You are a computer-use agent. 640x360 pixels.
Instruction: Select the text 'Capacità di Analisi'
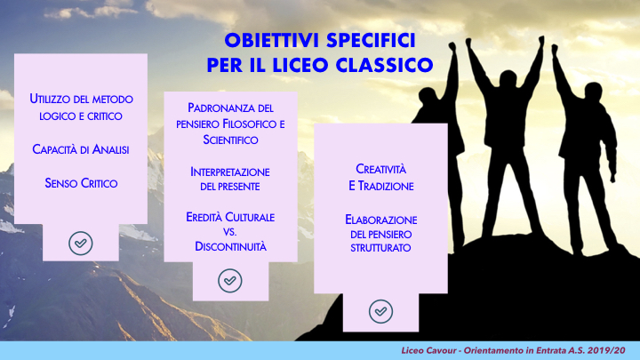coord(82,149)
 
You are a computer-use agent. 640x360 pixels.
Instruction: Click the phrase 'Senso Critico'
coord(82,183)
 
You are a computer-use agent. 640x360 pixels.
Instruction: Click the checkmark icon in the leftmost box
coord(81,242)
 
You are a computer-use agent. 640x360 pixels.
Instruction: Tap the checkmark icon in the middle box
coord(229,280)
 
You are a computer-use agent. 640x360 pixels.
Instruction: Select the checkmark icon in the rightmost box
coord(380,311)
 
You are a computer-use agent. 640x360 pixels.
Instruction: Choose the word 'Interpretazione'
coord(230,171)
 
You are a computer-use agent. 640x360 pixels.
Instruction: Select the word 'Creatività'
coord(380,170)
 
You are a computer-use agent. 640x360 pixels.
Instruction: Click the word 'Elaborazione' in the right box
coord(380,219)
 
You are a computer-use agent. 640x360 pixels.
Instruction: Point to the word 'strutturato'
coord(380,248)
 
